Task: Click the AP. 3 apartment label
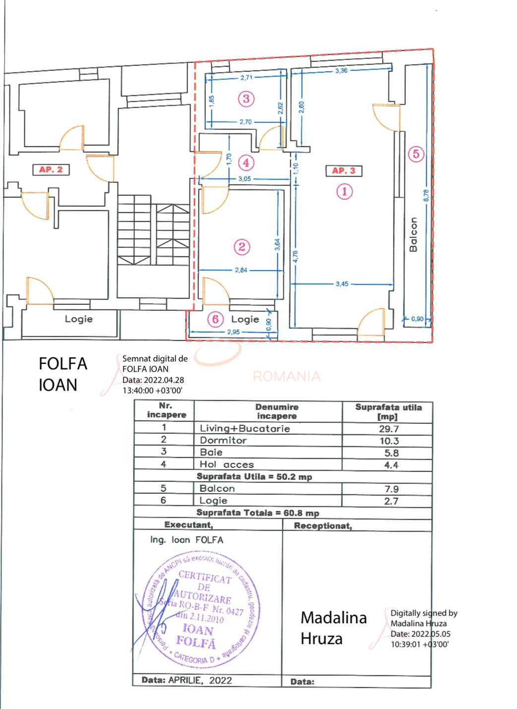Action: pos(343,171)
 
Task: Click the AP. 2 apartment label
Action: pos(51,170)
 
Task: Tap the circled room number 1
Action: pos(344,191)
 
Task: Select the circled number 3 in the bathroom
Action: pos(246,98)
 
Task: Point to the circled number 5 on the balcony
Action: pos(416,154)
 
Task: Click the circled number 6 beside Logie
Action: pos(215,319)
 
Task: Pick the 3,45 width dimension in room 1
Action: pos(342,284)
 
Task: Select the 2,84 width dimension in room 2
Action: pos(241,270)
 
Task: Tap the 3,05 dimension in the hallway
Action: pos(244,179)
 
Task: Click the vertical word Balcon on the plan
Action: pos(413,235)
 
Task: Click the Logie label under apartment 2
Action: pos(78,319)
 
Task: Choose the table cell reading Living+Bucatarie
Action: pos(245,428)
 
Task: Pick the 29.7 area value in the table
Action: pos(388,429)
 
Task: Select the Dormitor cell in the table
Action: pos(223,440)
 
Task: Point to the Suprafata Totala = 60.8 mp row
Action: pos(258,513)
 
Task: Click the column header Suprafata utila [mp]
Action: pos(388,412)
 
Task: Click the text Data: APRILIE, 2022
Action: pos(187,680)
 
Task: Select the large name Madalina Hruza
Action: pos(333,628)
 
